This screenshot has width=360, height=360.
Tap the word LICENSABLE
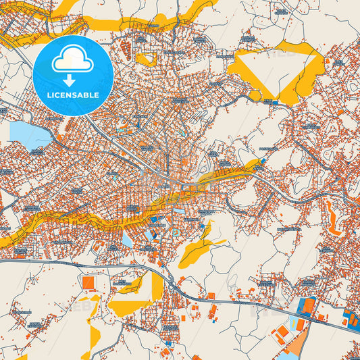click(72, 95)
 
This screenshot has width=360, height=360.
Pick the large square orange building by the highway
click(88, 282)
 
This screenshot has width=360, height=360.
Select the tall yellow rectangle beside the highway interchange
click(157, 290)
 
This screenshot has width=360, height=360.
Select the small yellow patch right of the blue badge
click(145, 59)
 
